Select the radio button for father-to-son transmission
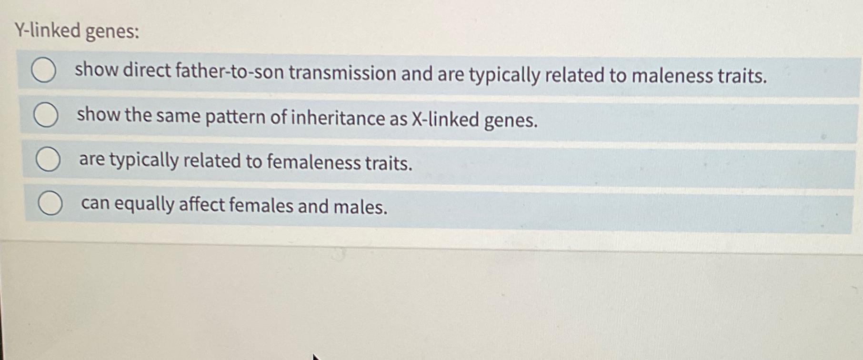pyautogui.click(x=44, y=70)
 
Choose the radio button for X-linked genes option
pyautogui.click(x=46, y=116)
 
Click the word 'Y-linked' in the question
pyautogui.click(x=48, y=31)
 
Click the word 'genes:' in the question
pyautogui.click(x=112, y=32)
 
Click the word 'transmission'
pyautogui.click(x=342, y=73)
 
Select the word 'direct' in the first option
pyautogui.click(x=147, y=70)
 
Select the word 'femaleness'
pyautogui.click(x=313, y=162)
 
